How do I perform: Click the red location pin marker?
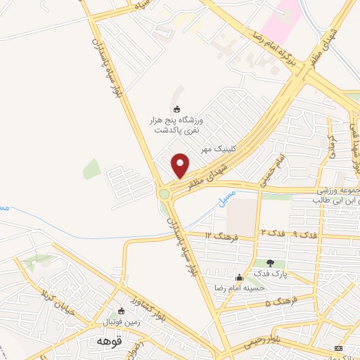[181, 165]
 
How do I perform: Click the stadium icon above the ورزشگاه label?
[176, 109]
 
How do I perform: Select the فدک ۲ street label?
[272, 232]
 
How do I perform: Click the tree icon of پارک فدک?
[270, 263]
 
